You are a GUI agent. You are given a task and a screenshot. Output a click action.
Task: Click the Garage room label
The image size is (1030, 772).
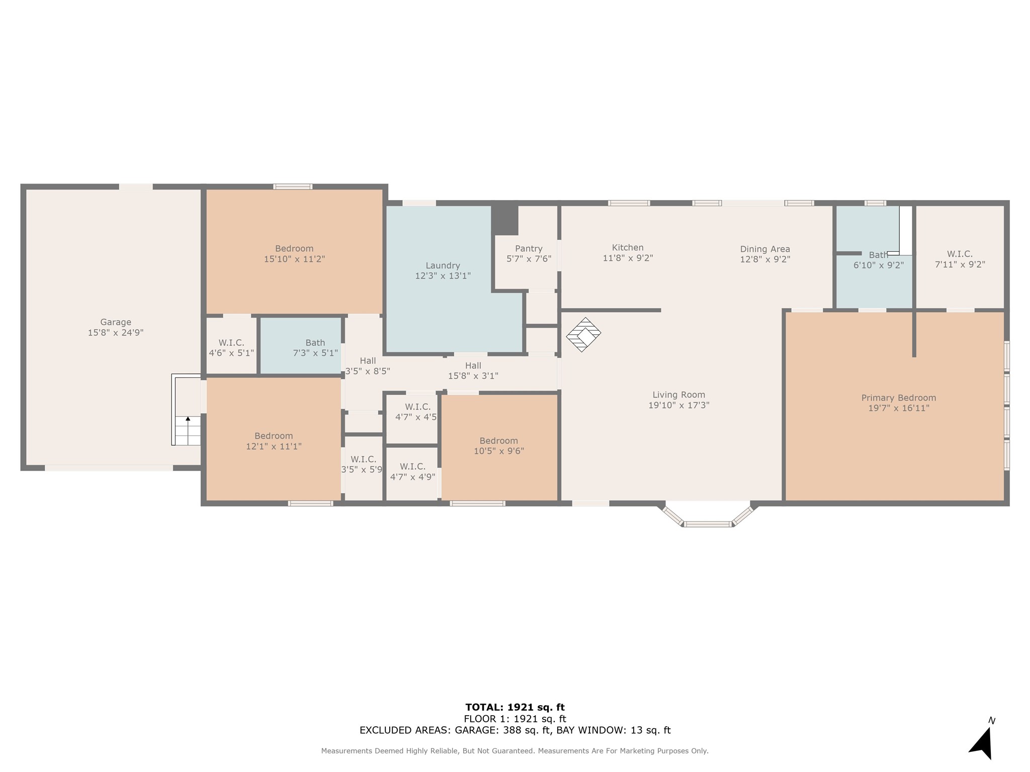tap(116, 322)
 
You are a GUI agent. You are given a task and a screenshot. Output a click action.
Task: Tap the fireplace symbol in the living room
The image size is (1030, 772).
tap(583, 334)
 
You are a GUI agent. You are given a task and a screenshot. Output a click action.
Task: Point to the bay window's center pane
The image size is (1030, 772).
tap(708, 524)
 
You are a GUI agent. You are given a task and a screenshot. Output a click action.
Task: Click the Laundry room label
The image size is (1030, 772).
tap(443, 265)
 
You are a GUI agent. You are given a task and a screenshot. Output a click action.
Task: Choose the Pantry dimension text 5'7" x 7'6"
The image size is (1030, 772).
tap(529, 259)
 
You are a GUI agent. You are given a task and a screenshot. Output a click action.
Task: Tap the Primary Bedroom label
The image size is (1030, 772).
tap(899, 398)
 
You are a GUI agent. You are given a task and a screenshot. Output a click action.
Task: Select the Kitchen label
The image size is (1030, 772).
tap(628, 247)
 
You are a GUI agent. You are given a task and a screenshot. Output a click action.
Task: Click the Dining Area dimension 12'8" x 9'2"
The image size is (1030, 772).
tap(765, 259)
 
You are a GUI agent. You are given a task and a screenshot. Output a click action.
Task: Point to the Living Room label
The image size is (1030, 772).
tap(679, 395)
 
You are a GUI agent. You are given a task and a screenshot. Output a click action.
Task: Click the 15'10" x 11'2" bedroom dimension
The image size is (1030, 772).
tap(294, 259)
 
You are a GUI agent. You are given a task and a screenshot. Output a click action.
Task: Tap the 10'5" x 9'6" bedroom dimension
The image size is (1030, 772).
tap(499, 451)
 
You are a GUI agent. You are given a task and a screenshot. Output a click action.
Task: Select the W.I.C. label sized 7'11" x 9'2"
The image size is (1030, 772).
tap(960, 254)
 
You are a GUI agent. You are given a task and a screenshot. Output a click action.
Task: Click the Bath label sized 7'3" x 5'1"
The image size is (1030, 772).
tap(315, 343)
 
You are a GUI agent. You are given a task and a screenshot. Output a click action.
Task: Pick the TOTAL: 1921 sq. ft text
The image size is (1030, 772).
tap(515, 708)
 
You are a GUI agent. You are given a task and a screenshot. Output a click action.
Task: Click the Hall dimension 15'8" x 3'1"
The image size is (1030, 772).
tap(473, 376)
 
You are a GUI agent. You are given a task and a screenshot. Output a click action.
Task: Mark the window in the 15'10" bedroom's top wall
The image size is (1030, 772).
tap(293, 186)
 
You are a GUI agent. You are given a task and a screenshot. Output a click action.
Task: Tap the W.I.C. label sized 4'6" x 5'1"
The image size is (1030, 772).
tap(231, 343)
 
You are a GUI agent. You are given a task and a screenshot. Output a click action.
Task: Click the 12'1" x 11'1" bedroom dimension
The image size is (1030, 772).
tap(274, 446)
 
